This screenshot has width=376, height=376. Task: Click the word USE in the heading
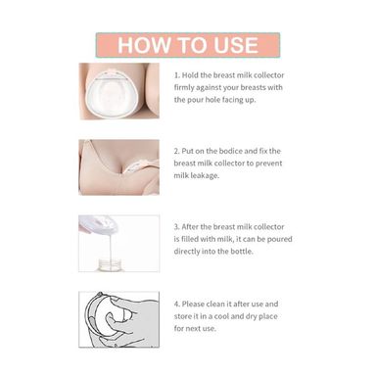pyautogui.click(x=236, y=45)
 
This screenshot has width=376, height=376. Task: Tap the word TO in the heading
pyautogui.click(x=192, y=45)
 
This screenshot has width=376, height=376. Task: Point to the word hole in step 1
pyautogui.click(x=212, y=100)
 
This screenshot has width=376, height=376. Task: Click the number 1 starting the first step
pyautogui.click(x=176, y=75)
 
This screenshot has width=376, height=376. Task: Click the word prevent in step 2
pyautogui.click(x=269, y=164)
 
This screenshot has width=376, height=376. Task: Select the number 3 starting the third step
pyautogui.click(x=176, y=227)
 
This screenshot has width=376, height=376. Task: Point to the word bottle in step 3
pyautogui.click(x=242, y=252)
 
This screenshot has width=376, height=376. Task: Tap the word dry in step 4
pyautogui.click(x=251, y=316)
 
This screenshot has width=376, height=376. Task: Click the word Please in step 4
pyautogui.click(x=193, y=304)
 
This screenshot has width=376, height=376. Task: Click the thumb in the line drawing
pyautogui.click(x=113, y=320)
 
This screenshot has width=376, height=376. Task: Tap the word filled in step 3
pyautogui.click(x=189, y=239)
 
